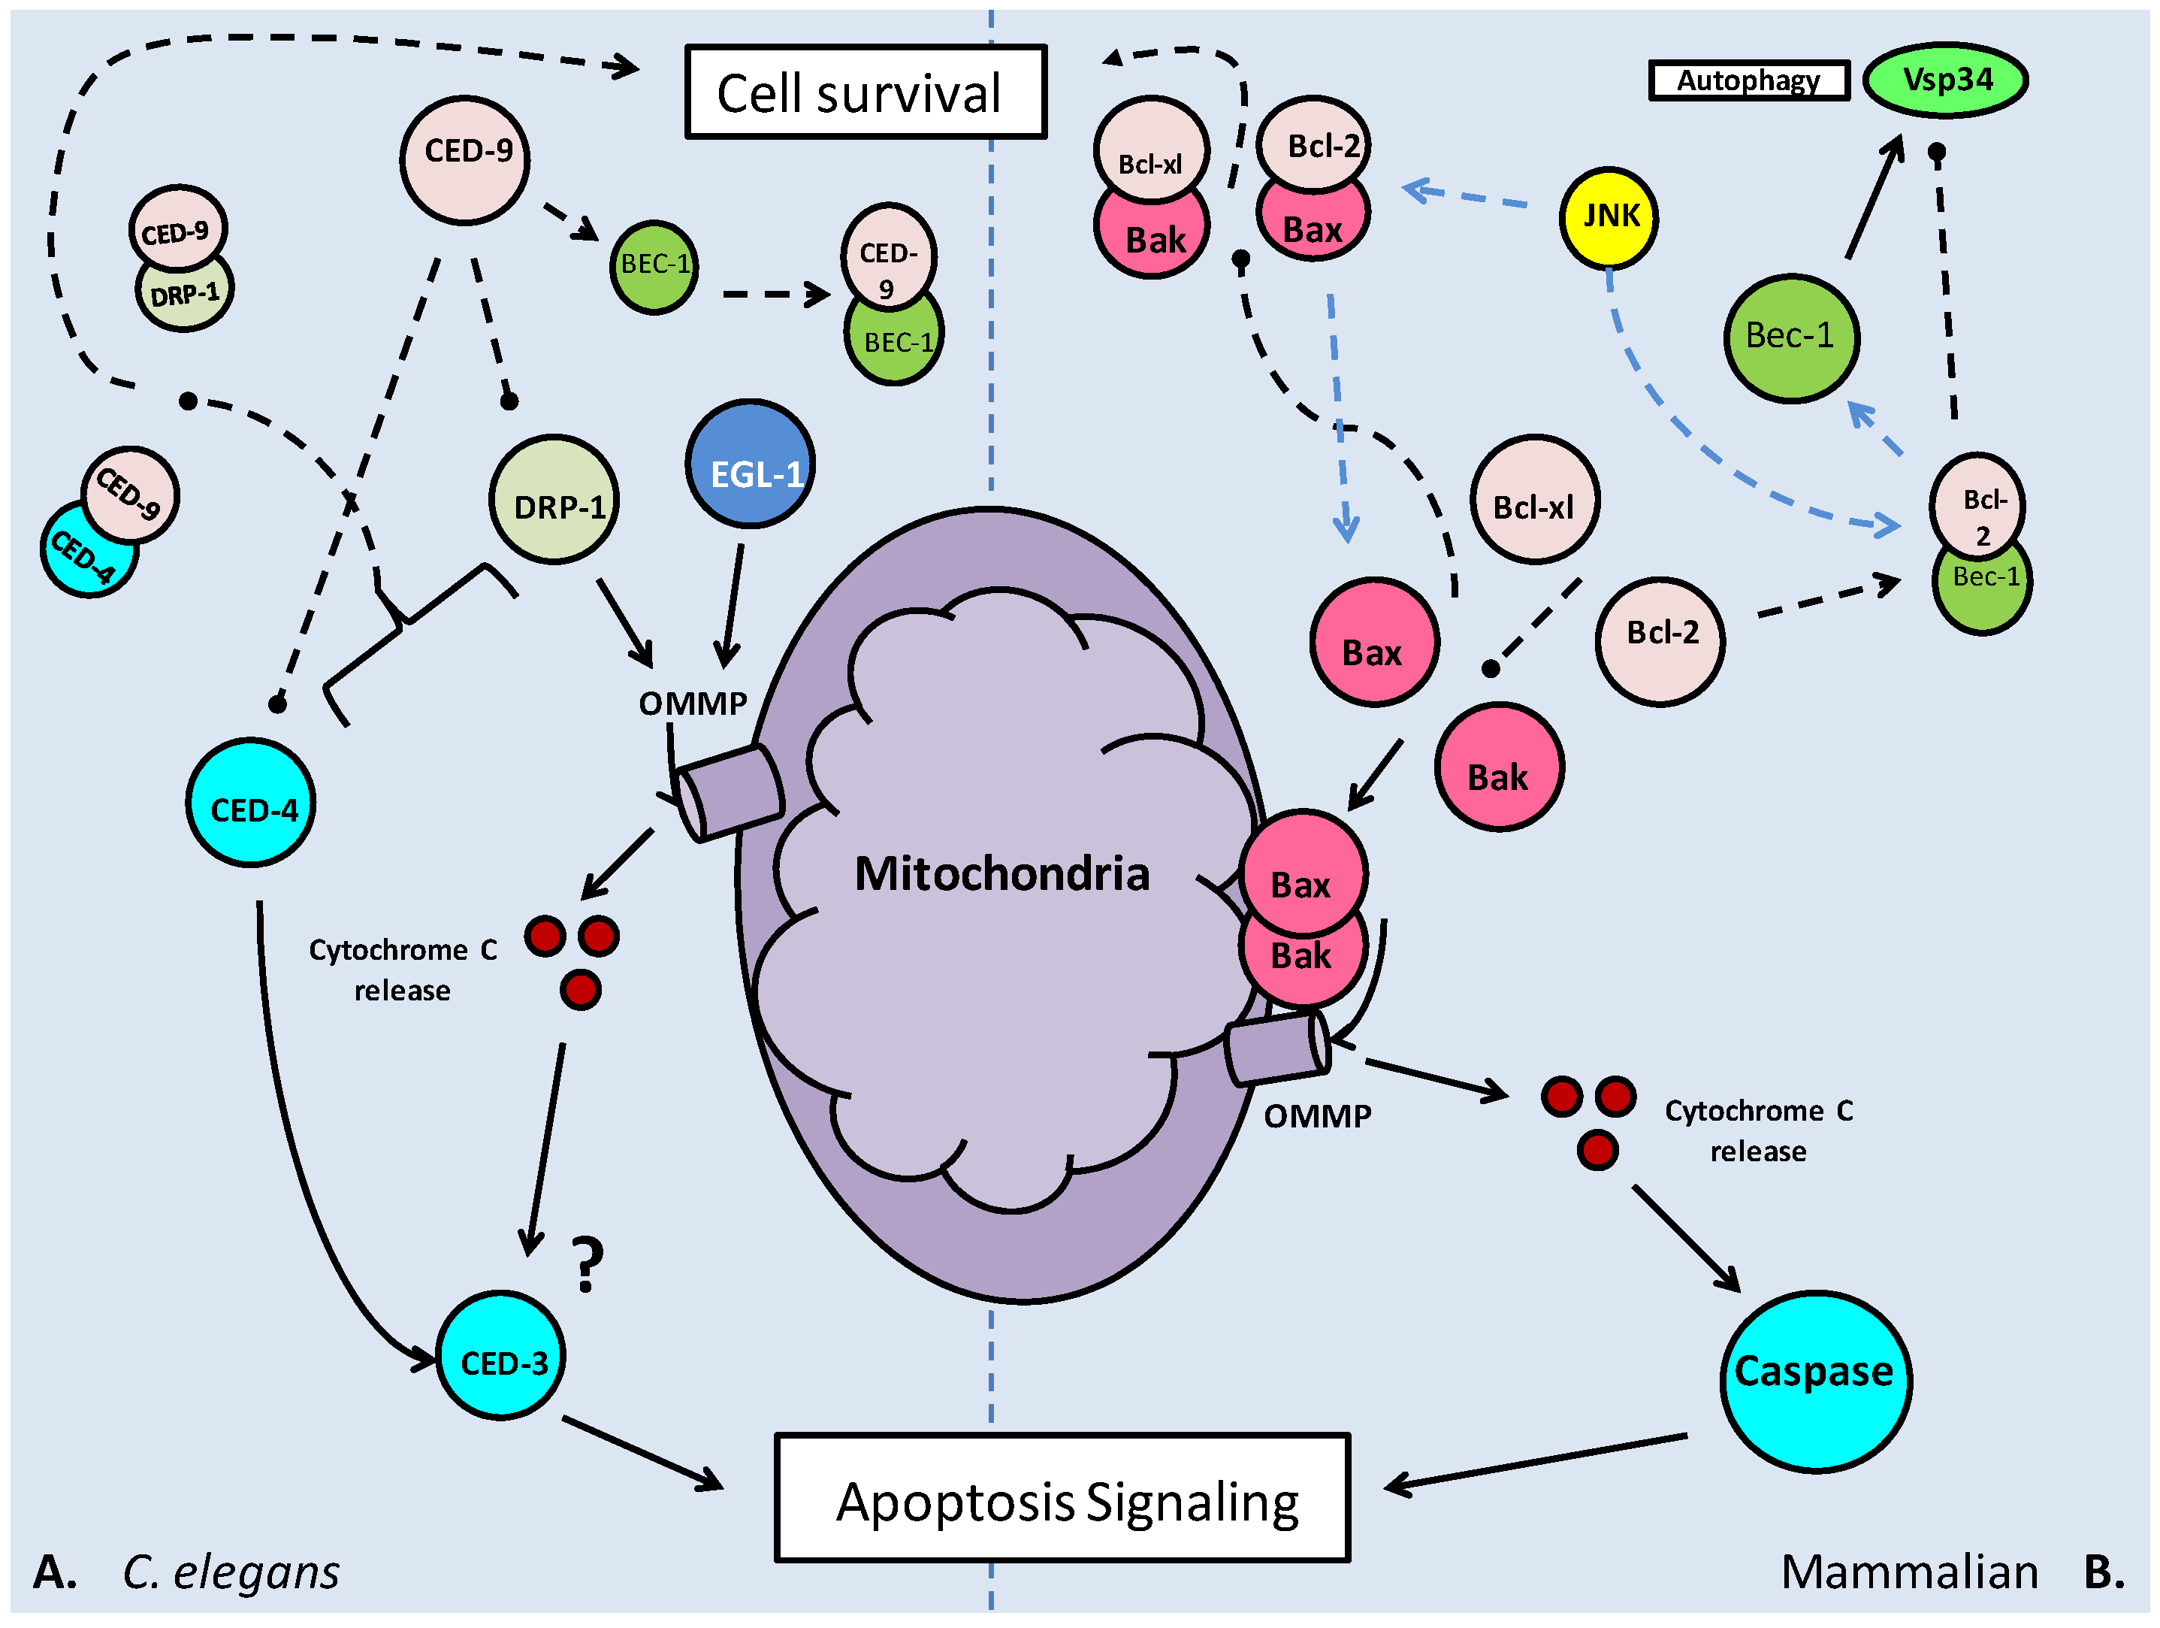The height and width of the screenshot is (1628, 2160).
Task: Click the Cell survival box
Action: pos(866,92)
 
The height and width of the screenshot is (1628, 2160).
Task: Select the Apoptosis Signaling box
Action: pos(1062,1499)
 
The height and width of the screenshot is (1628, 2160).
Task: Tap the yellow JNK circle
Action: pos(1609,216)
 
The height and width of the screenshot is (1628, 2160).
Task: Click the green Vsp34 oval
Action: pos(1945,80)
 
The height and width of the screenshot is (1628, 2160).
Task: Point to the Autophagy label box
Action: pos(1748,80)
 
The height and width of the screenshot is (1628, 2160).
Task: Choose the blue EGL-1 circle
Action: pos(750,464)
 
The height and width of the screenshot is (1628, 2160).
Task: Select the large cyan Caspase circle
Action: pos(1814,1380)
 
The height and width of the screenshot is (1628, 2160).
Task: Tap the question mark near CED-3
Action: pos(587,1265)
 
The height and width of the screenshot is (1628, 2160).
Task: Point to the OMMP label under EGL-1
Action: pos(693,704)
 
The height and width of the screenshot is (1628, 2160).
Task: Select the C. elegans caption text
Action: pos(231,1572)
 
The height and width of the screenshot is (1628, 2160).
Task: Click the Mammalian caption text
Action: pos(1909,1572)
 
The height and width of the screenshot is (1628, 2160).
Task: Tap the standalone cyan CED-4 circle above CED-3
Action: pos(251,803)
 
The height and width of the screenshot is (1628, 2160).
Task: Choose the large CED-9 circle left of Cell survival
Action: pos(465,159)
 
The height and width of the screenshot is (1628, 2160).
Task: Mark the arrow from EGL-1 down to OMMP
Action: pos(733,606)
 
